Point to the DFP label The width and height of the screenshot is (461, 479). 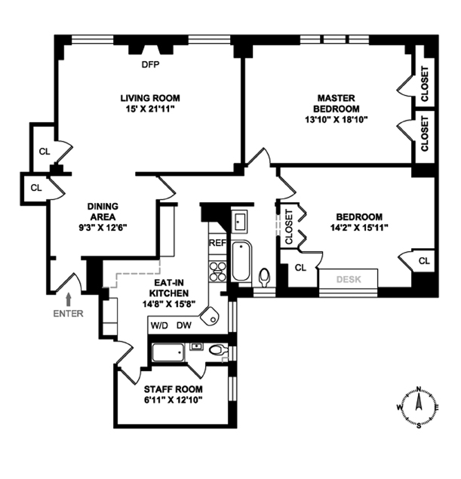[x=151, y=64]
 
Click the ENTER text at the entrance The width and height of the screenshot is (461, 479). [x=69, y=314]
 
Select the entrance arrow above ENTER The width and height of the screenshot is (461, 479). [x=69, y=299]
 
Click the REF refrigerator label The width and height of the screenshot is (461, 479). [x=217, y=243]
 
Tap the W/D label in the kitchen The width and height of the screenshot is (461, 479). [x=159, y=326]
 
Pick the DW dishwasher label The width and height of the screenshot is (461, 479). [x=184, y=326]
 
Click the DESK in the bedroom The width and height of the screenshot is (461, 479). [x=349, y=279]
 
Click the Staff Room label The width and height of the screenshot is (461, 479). [x=174, y=389]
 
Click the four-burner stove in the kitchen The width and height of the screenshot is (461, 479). [x=217, y=270]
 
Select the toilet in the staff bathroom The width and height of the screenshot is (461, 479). [x=217, y=349]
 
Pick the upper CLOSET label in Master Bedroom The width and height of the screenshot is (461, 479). [x=424, y=84]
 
